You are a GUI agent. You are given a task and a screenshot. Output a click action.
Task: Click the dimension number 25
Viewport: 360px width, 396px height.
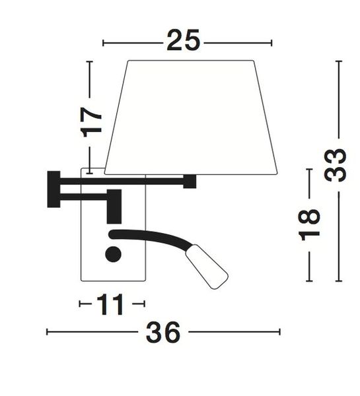coord(183,41)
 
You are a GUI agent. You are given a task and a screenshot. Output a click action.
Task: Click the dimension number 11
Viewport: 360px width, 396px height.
coord(110,304)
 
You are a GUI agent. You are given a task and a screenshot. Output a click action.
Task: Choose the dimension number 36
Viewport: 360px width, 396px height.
coord(163,333)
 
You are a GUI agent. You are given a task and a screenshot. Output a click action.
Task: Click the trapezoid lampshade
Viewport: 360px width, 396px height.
coord(191,117)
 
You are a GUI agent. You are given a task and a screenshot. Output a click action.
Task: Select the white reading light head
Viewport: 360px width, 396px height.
coord(207,267)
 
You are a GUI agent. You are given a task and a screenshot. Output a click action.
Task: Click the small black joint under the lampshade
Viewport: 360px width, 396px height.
coord(190,181)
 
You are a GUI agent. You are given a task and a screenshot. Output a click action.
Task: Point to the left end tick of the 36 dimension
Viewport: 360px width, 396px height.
coord(47,332)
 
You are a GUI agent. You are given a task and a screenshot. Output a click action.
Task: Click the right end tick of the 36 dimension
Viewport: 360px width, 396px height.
coord(280,332)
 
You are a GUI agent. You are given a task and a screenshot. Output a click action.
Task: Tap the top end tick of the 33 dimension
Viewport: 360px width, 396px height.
coord(338,61)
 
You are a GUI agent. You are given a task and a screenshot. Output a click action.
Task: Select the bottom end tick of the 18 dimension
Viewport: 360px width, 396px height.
coord(309,280)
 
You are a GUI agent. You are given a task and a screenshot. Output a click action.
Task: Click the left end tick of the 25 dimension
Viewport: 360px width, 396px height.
coord(104,43)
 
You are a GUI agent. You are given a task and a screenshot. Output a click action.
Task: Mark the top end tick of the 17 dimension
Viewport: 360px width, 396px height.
coord(90,61)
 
